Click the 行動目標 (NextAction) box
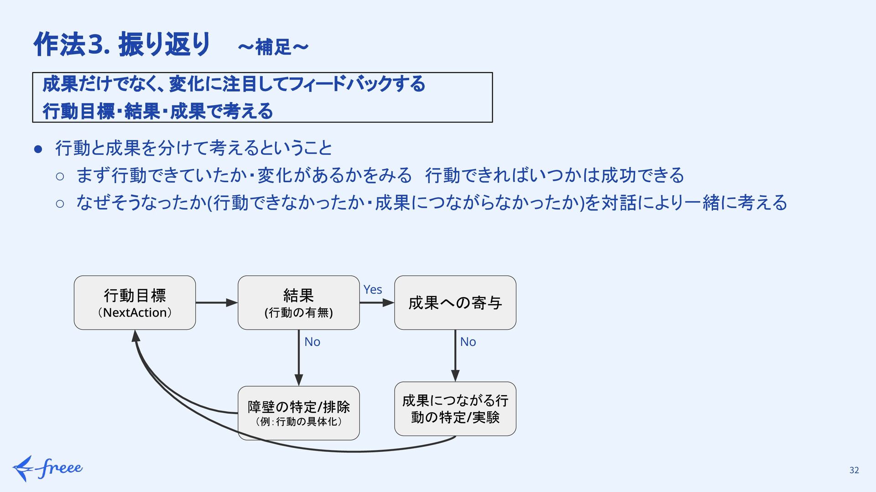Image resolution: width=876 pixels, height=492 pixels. point(135,302)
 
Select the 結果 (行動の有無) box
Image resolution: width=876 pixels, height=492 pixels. point(298,302)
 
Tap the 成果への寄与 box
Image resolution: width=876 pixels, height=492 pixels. point(455,302)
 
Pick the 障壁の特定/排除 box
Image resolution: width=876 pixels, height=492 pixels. point(298,413)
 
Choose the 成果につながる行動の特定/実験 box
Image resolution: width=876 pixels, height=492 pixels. point(455,409)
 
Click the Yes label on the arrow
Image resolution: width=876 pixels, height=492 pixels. point(372,290)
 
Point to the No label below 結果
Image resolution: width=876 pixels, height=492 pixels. point(312,342)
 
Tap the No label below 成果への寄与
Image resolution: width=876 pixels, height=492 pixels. point(468,342)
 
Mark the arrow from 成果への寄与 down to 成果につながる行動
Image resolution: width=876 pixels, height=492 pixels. point(455,355)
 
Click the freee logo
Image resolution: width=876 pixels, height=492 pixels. point(47,468)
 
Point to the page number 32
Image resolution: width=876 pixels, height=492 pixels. point(854,471)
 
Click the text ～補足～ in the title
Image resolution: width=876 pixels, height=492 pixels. point(273,47)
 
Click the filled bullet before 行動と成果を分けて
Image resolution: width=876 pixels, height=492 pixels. point(38,149)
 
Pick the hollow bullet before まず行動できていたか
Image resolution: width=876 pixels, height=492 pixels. point(60,176)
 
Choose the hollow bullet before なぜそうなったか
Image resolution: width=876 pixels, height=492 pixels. point(60,203)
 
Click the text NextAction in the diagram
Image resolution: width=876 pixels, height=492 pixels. point(135,313)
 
